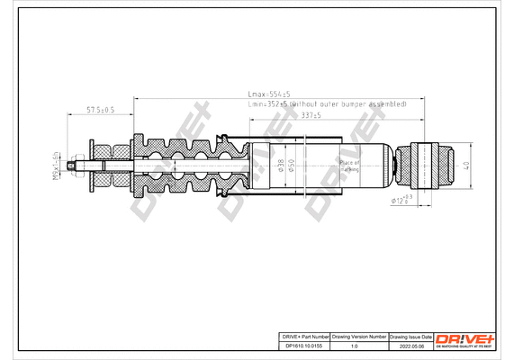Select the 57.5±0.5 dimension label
tap(99, 110)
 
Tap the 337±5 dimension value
tap(311, 115)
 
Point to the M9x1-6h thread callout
tap(56, 166)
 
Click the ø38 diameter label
tap(280, 165)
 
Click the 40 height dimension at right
tap(465, 166)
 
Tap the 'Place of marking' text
tap(349, 166)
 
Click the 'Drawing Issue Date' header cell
tap(410, 335)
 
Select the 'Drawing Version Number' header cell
tap(360, 335)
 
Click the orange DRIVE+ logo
tap(465, 337)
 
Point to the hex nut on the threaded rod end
tap(78, 166)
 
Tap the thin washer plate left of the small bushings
tap(90, 166)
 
